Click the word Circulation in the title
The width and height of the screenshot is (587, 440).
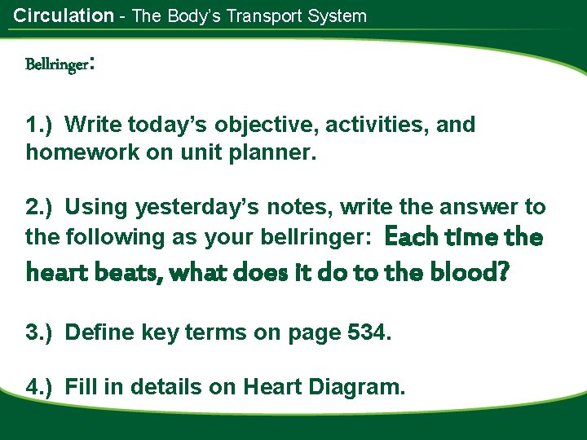(64, 15)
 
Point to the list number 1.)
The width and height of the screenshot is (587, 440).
(41, 125)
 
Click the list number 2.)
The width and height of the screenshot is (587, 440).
(41, 208)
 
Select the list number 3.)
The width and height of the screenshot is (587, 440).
(41, 332)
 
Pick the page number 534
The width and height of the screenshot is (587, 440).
(370, 332)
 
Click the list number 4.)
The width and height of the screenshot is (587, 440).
(41, 387)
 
